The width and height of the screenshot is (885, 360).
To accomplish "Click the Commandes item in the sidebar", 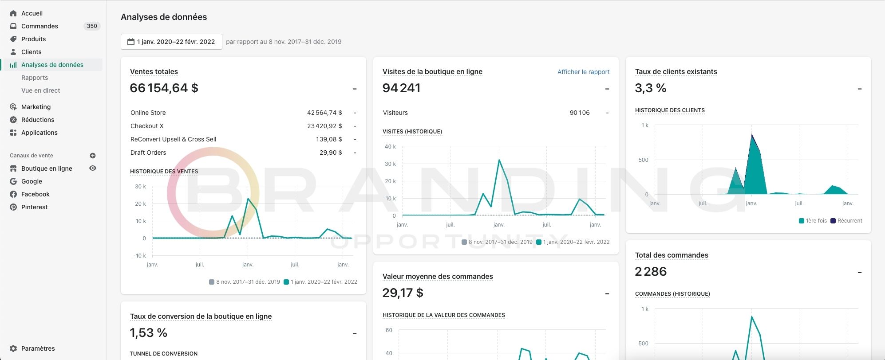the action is click(x=40, y=26).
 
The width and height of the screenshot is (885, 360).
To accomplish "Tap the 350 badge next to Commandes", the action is click(x=92, y=26).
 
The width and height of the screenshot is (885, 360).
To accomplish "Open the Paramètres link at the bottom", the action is click(x=38, y=348).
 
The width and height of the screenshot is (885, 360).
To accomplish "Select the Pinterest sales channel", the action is click(x=34, y=207).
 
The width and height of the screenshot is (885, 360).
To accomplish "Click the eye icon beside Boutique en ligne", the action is click(x=93, y=168).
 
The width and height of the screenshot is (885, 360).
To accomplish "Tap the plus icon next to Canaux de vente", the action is click(x=93, y=156).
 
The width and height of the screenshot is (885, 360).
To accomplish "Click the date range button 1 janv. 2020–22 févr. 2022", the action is click(x=171, y=42).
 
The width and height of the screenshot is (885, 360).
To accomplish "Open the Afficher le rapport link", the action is click(x=584, y=72).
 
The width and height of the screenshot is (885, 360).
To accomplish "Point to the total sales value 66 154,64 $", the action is click(x=164, y=88).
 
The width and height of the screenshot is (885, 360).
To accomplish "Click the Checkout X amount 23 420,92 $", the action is click(x=324, y=126).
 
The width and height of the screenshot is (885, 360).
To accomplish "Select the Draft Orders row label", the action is click(x=148, y=153).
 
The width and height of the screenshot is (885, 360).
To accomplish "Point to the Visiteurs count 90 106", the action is click(x=580, y=113).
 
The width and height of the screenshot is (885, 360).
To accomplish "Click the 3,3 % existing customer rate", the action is click(x=651, y=88).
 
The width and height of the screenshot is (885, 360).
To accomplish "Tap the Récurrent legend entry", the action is click(x=846, y=221).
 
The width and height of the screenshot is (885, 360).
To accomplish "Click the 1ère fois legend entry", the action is click(x=813, y=221).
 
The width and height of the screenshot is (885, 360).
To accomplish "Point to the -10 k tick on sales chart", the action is click(x=140, y=256).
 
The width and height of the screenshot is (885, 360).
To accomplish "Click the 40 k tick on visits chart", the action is click(x=391, y=147).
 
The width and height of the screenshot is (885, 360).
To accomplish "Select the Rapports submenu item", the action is click(x=35, y=78).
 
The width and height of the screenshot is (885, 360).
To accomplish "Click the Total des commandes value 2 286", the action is click(x=651, y=272).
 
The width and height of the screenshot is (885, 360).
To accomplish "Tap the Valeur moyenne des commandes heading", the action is click(x=438, y=277).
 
